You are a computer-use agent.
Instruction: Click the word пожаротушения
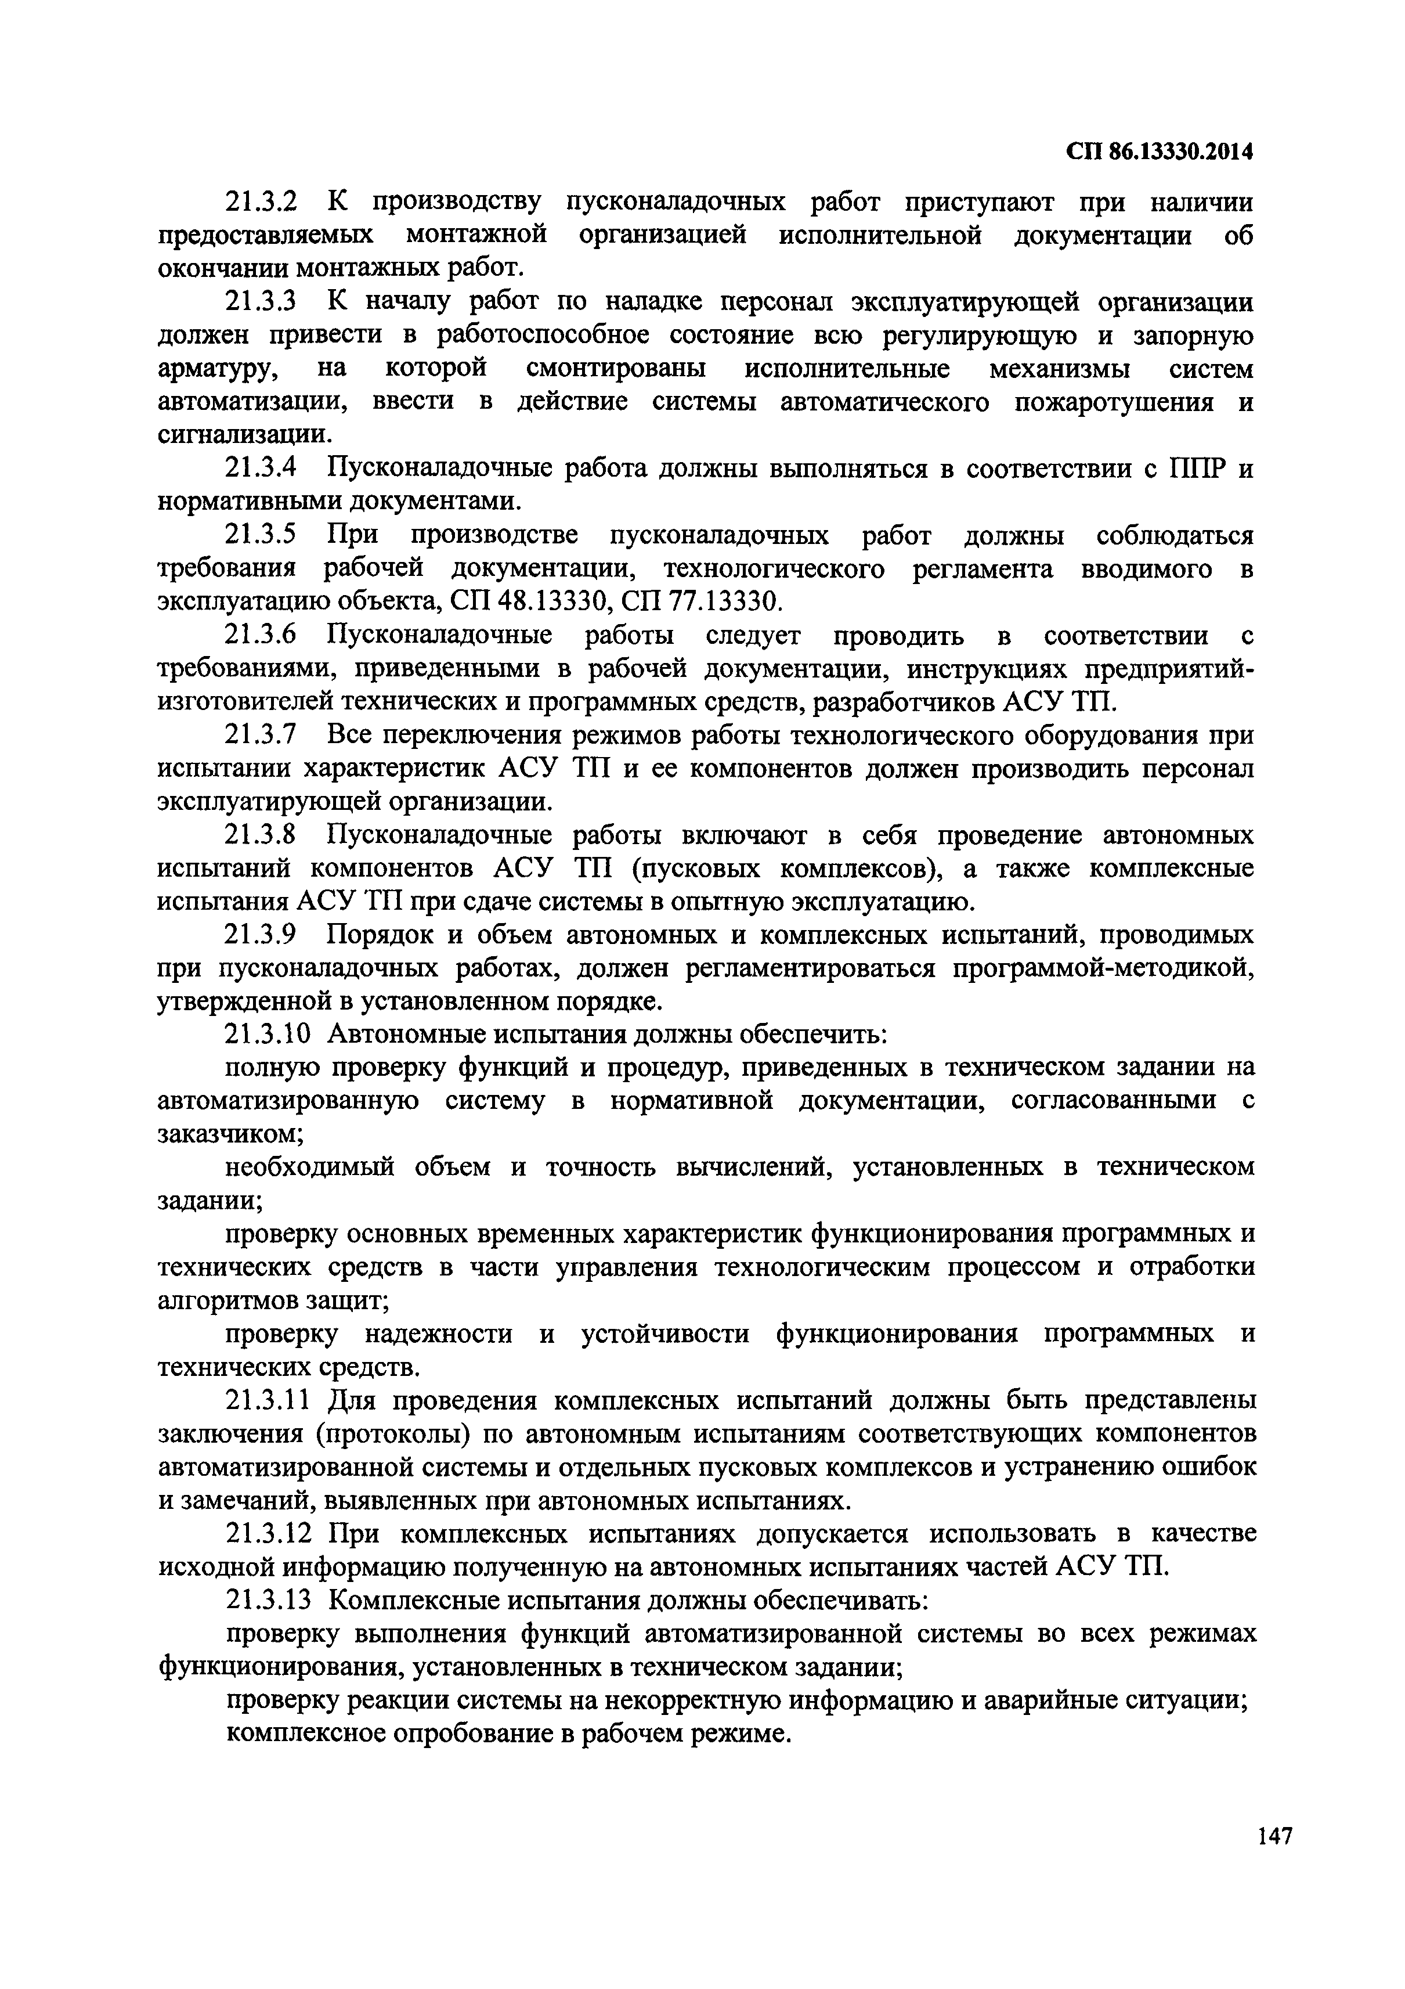tap(1117, 403)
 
